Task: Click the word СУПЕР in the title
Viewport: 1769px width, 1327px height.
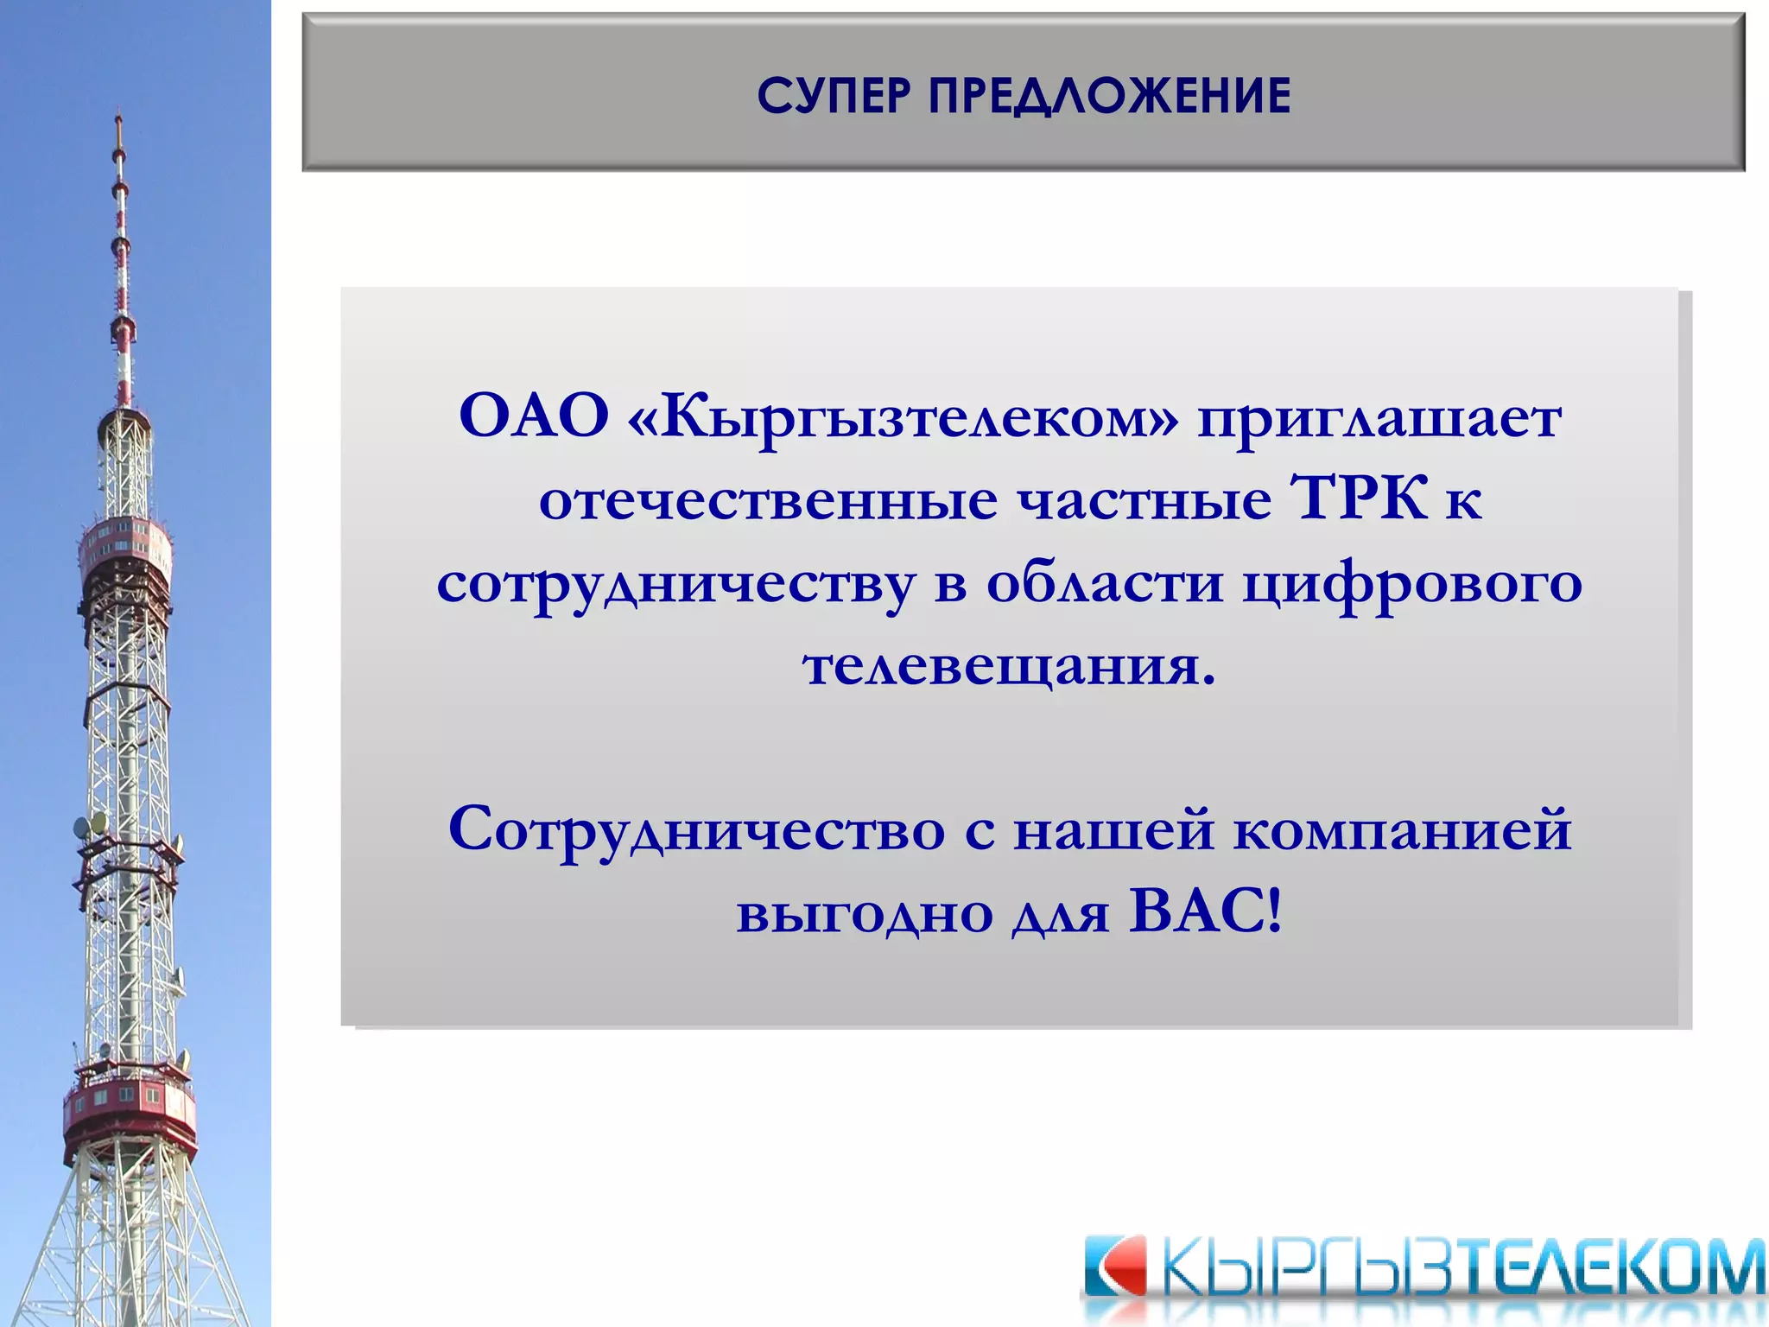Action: [x=834, y=95]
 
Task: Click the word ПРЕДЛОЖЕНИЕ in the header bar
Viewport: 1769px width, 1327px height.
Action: [x=1109, y=95]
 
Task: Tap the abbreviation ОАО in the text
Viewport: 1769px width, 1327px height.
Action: [x=534, y=416]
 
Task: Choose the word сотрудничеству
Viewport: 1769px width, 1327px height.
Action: [x=675, y=584]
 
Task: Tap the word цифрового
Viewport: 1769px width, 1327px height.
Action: [x=1413, y=584]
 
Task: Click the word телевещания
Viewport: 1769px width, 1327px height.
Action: [x=1008, y=667]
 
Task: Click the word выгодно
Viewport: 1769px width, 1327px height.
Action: [x=864, y=914]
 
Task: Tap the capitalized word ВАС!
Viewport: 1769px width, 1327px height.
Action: [x=1206, y=912]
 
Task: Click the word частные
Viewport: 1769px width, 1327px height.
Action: [x=1144, y=501]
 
